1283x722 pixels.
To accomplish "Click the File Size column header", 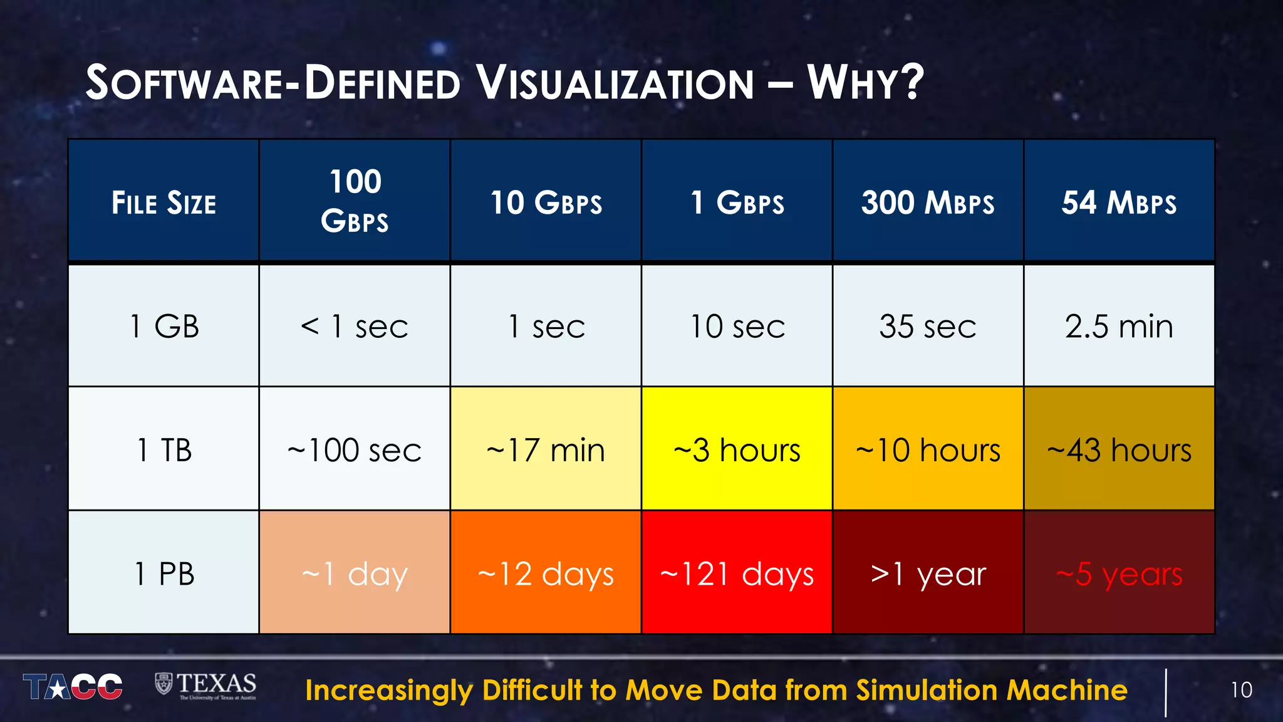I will pyautogui.click(x=164, y=202).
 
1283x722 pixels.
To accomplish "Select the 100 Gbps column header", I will pyautogui.click(x=355, y=201).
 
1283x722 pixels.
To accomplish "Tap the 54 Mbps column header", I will pyautogui.click(x=1119, y=202).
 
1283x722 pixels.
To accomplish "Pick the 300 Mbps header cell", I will pyautogui.click(x=928, y=202).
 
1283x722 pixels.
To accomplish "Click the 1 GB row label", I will pyautogui.click(x=164, y=326).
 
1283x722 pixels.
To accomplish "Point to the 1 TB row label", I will pyautogui.click(x=164, y=449).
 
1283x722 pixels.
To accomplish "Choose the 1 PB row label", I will pyautogui.click(x=164, y=573).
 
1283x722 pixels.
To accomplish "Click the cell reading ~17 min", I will pyautogui.click(x=545, y=449).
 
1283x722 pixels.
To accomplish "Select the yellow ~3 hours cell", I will pyautogui.click(x=737, y=449).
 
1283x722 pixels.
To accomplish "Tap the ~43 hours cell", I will pyautogui.click(x=1119, y=449).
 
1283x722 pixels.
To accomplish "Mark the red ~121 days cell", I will pyautogui.click(x=737, y=573).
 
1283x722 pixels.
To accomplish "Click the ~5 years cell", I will pyautogui.click(x=1119, y=573).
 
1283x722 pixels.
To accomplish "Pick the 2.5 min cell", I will pyautogui.click(x=1119, y=326).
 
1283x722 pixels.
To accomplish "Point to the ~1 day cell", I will pyautogui.click(x=355, y=573).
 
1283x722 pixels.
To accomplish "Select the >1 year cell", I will pyautogui.click(x=928, y=573).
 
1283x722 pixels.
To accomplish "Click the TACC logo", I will pyautogui.click(x=73, y=687).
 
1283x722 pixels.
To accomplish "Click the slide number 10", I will pyautogui.click(x=1241, y=690).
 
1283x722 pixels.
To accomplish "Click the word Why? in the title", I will pyautogui.click(x=865, y=82).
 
